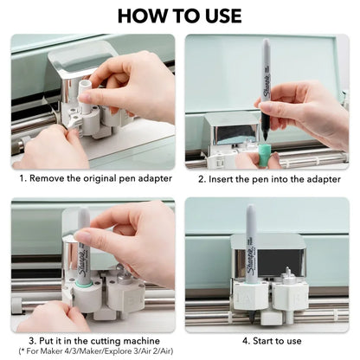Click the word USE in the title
222,16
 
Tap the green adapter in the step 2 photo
264,155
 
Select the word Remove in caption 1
47,178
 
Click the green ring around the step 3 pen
84,284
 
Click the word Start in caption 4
264,341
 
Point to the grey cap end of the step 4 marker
250,214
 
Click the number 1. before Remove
23,178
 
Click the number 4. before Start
246,341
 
